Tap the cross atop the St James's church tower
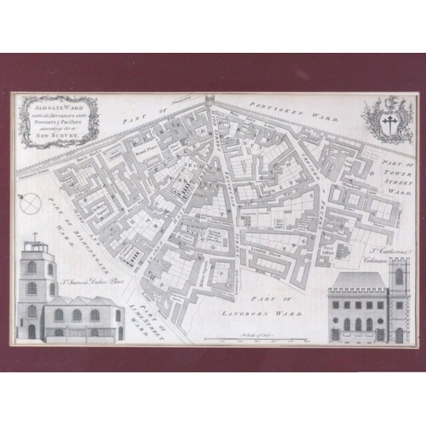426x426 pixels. click(35, 238)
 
